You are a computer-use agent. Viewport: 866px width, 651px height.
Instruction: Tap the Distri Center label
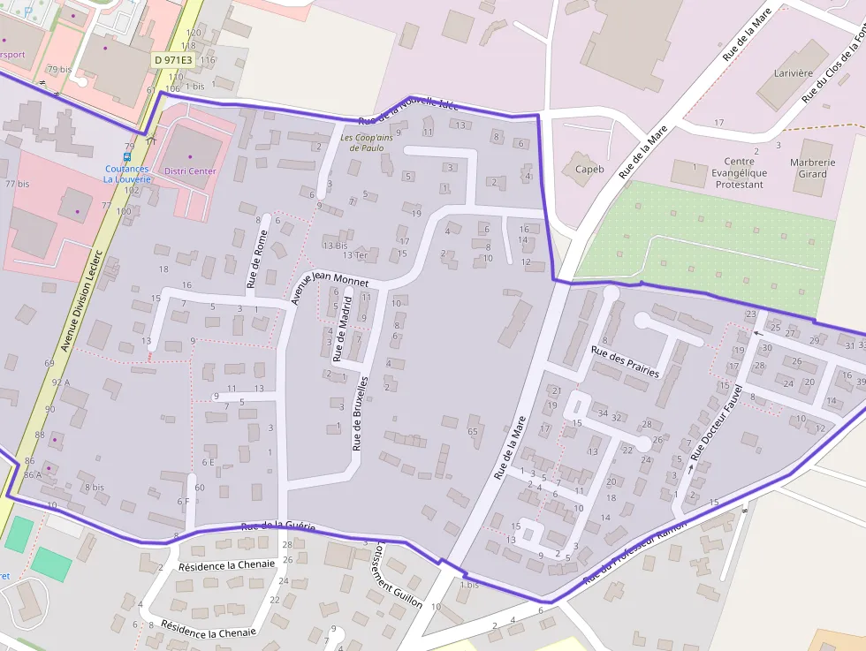(x=190, y=170)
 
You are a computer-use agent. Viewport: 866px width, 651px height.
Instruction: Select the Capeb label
(x=589, y=169)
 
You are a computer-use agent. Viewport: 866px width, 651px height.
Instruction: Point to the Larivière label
(x=793, y=73)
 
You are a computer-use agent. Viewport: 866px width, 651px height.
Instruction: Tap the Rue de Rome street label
(x=256, y=259)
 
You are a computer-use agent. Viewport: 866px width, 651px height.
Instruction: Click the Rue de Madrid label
(x=342, y=329)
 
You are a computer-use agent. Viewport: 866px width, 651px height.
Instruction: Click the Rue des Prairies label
(x=625, y=362)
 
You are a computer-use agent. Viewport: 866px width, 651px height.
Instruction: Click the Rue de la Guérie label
(x=277, y=526)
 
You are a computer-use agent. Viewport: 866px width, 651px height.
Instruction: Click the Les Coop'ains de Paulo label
(x=368, y=142)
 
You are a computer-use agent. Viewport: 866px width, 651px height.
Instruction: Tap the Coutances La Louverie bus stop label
(x=128, y=173)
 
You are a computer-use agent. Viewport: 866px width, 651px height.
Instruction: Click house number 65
(x=473, y=431)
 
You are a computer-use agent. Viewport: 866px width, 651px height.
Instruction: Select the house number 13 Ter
(x=355, y=255)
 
